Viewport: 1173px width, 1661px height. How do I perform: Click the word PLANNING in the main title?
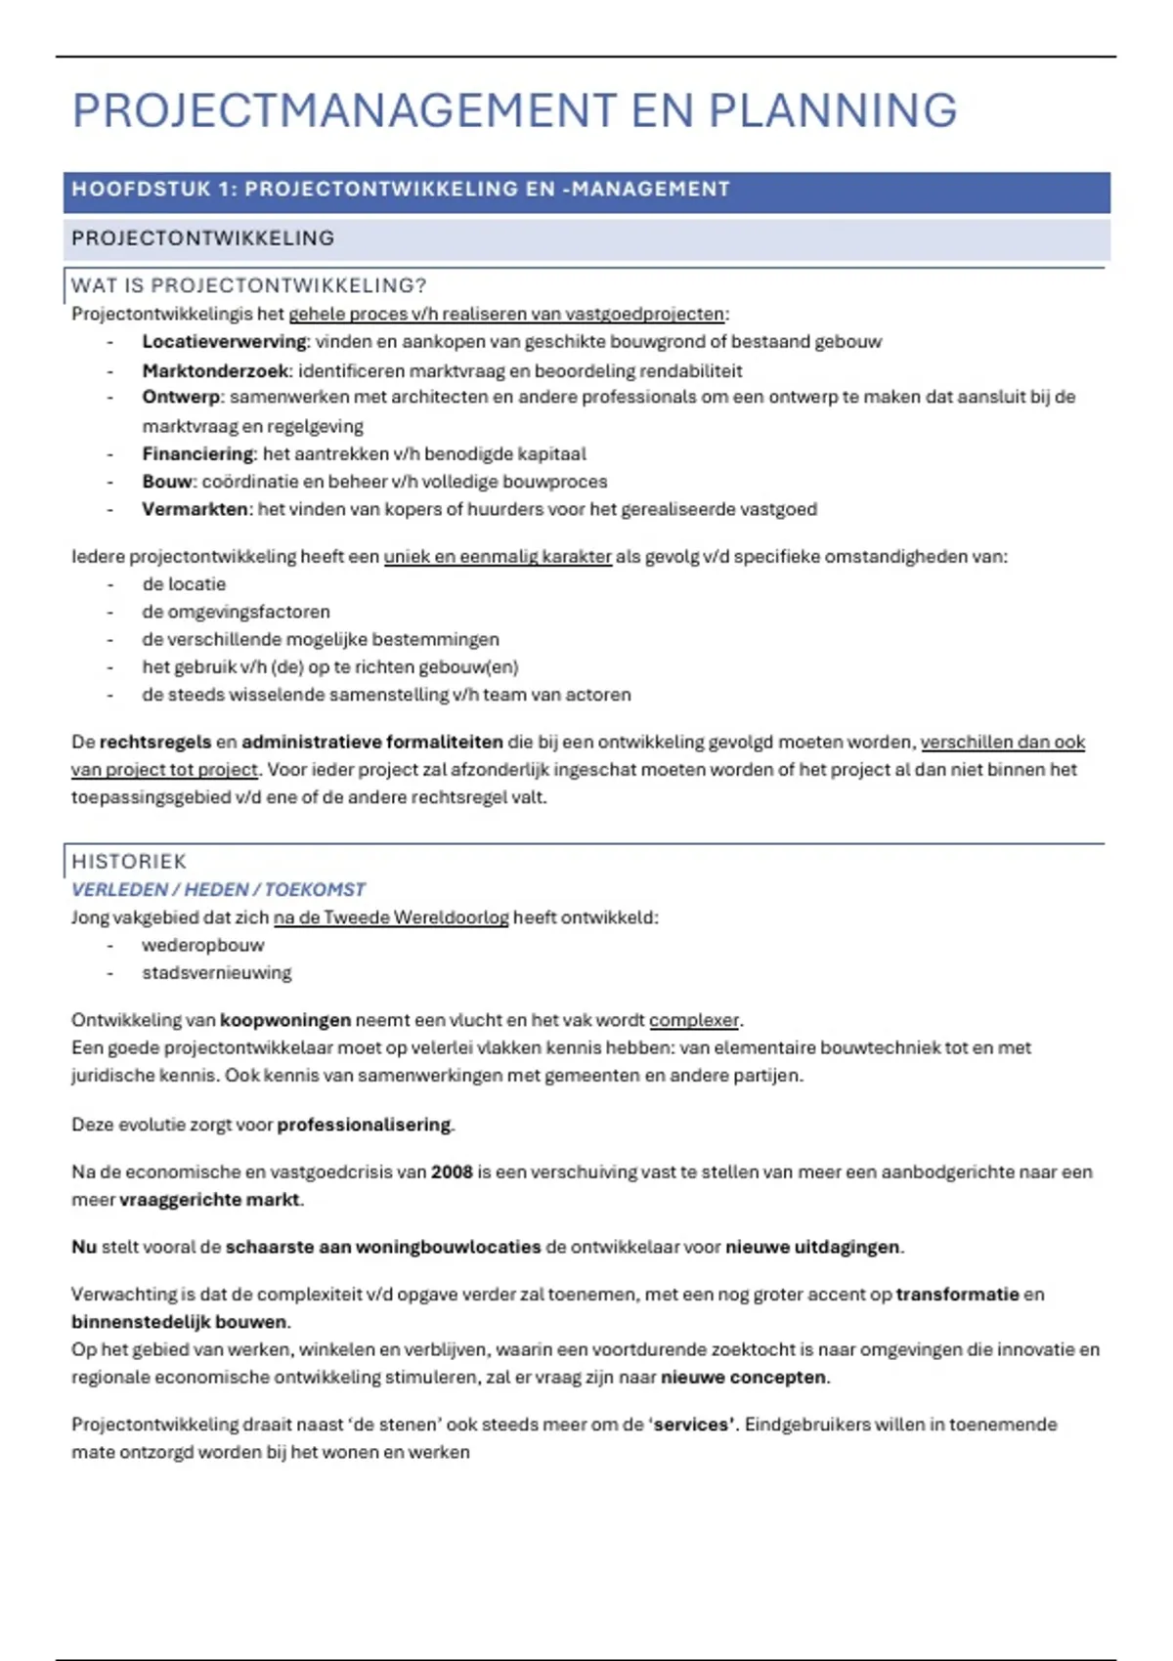point(832,110)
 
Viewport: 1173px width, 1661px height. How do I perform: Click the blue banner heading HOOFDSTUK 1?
point(401,190)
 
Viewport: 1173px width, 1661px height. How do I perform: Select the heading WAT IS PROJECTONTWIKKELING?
point(249,285)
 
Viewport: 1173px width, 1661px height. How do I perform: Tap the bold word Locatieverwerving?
point(224,342)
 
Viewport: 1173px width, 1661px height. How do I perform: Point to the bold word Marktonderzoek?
point(215,371)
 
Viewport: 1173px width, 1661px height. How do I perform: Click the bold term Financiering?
point(197,454)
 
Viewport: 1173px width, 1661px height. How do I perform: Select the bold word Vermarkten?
point(195,509)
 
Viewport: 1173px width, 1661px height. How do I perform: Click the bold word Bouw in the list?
point(167,482)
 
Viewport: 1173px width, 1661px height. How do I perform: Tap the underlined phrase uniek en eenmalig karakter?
point(498,557)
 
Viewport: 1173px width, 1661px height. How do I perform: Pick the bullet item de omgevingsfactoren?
point(236,612)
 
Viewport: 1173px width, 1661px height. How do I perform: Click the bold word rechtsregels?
point(154,743)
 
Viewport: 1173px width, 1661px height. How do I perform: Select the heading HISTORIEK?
point(129,862)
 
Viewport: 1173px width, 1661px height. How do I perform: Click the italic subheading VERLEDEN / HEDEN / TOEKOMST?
point(218,890)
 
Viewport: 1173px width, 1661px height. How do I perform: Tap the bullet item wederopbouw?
point(202,946)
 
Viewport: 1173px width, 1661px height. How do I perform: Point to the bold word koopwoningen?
point(284,1020)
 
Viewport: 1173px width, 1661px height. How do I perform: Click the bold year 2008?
point(452,1171)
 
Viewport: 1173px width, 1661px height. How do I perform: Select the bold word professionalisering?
point(364,1125)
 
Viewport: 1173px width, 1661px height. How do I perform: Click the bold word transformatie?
point(957,1295)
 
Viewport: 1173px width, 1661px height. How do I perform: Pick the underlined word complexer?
point(694,1020)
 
